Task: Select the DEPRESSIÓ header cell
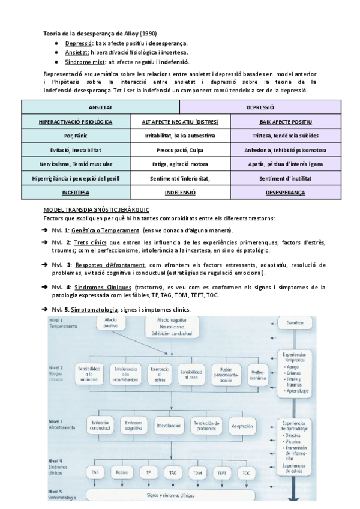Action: pos(260,107)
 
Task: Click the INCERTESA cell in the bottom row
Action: pos(76,193)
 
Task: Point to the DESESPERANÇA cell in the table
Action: pos(285,193)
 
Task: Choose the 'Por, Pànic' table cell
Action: pos(76,136)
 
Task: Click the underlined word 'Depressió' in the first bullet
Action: pos(78,43)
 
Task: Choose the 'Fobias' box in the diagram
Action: pos(122,472)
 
